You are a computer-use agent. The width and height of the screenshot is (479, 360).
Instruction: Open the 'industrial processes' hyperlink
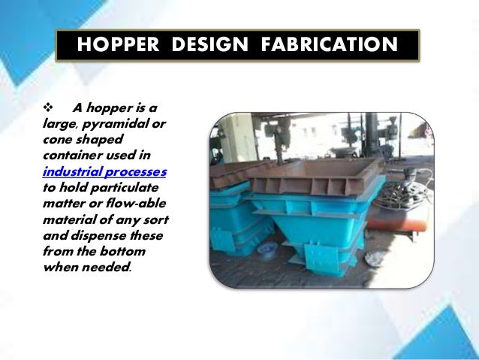104,171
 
